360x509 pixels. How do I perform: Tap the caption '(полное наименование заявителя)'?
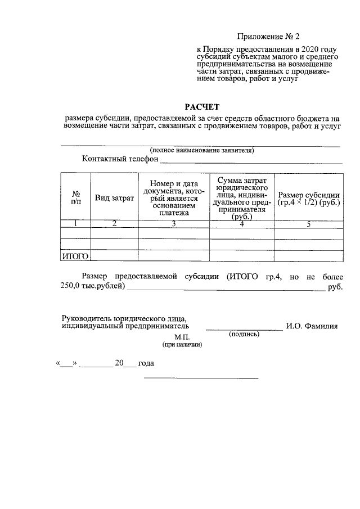(201, 151)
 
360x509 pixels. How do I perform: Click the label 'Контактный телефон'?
(120, 159)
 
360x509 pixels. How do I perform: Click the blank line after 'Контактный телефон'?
(251, 162)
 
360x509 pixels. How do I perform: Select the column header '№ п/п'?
(75, 197)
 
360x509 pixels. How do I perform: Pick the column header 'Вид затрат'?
(114, 198)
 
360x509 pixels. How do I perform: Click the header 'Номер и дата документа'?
(174, 198)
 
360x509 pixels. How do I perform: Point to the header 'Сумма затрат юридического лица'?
(241, 197)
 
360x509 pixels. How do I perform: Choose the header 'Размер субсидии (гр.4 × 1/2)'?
(309, 198)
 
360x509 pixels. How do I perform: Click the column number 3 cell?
(174, 224)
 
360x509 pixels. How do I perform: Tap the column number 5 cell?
(309, 224)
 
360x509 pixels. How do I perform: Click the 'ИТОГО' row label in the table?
(75, 256)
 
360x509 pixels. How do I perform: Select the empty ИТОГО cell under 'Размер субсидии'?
(309, 256)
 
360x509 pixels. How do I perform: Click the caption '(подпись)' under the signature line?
(244, 334)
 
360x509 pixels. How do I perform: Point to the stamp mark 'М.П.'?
(183, 336)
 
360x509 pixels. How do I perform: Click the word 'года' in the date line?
(146, 363)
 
